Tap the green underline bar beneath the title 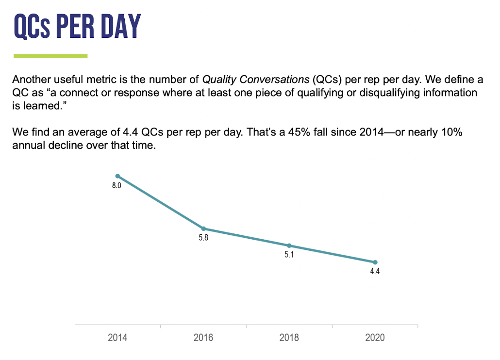[50, 56]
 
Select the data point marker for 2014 [117, 176]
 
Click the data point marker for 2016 [203, 229]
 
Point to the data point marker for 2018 [289, 245]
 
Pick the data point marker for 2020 [375, 262]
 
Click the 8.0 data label [117, 186]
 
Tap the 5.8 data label [203, 238]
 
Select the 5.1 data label [289, 255]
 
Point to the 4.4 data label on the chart [375, 272]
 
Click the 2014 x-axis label [117, 338]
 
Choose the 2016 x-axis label [203, 338]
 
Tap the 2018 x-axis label [289, 338]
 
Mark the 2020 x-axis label [375, 338]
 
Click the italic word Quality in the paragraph [217, 80]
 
